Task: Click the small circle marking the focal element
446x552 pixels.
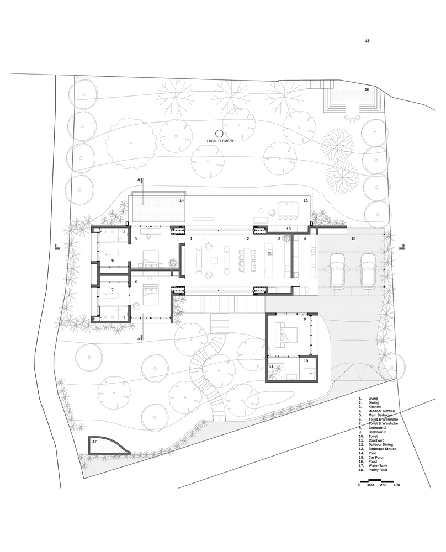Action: (219, 133)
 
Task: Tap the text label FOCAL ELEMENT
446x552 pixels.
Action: (220, 141)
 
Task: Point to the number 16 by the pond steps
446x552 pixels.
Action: (366, 89)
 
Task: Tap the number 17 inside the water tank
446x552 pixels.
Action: (94, 442)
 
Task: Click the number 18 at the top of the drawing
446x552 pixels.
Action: (367, 41)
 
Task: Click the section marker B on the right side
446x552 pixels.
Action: (404, 246)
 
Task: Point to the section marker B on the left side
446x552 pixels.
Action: (56, 246)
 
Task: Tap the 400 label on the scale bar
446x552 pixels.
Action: (396, 485)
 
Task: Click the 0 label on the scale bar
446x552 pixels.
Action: (359, 485)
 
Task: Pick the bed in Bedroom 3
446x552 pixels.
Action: (288, 333)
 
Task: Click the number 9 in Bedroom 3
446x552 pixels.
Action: (304, 320)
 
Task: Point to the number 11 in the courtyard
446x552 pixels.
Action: (271, 367)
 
